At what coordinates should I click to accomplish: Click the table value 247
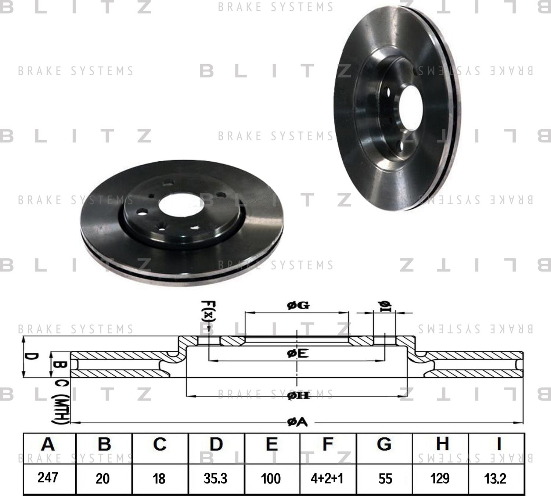48,478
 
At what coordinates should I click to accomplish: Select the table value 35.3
216,478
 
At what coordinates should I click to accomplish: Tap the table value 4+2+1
327,478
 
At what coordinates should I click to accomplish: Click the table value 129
440,478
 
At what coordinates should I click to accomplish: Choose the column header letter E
271,444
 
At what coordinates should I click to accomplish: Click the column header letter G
384,444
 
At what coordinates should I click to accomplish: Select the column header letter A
48,444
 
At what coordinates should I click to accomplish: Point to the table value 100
271,478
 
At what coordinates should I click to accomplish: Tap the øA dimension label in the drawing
297,423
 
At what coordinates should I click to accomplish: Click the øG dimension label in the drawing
298,305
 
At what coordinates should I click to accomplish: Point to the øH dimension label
298,395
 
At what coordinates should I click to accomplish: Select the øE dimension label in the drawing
298,353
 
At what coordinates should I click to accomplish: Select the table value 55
385,478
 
